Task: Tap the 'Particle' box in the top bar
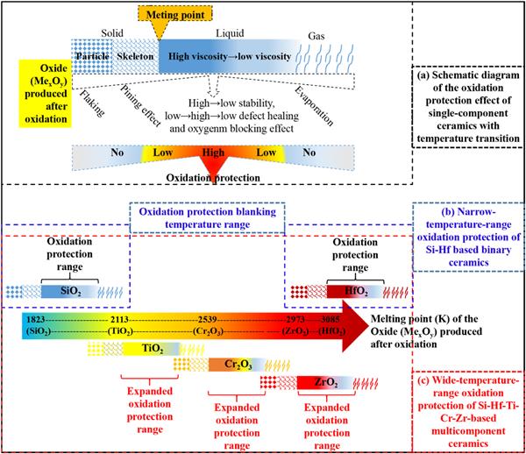tap(90, 57)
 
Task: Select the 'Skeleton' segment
tap(134, 57)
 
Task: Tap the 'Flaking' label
tap(89, 103)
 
